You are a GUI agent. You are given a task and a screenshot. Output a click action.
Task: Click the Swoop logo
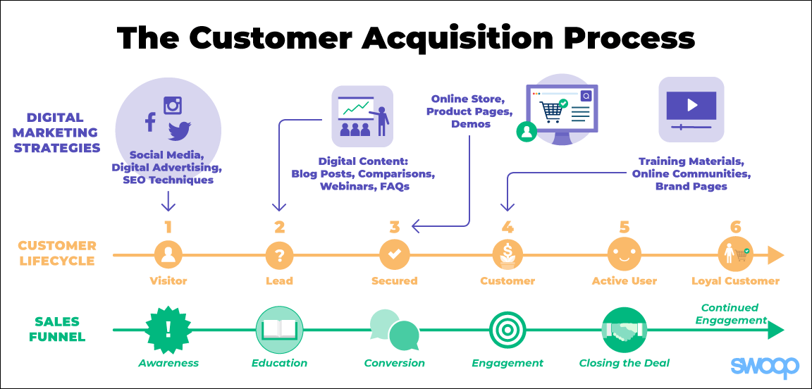click(764, 366)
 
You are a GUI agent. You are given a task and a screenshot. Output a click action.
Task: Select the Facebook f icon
click(150, 122)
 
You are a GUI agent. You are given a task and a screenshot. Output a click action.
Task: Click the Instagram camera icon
click(173, 105)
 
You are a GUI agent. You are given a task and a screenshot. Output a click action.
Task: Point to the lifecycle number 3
click(395, 227)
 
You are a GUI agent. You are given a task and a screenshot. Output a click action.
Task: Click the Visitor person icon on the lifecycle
click(168, 254)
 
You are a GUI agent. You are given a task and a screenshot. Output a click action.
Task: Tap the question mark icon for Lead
click(280, 254)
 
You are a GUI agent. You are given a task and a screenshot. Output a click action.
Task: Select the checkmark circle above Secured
click(395, 254)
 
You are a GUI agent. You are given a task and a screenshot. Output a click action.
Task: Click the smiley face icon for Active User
click(624, 254)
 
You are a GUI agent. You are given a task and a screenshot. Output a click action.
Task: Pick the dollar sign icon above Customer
click(508, 254)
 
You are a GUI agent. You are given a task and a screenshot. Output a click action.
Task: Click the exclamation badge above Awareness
click(168, 330)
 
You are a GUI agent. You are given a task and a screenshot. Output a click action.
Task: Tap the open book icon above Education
click(279, 330)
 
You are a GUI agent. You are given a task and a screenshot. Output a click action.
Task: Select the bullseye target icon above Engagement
click(508, 330)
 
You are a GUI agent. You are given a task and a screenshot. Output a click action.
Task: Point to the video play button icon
click(691, 106)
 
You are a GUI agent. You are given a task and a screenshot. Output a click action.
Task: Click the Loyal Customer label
click(735, 281)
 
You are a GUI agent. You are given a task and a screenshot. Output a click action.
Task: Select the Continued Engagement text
click(730, 314)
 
